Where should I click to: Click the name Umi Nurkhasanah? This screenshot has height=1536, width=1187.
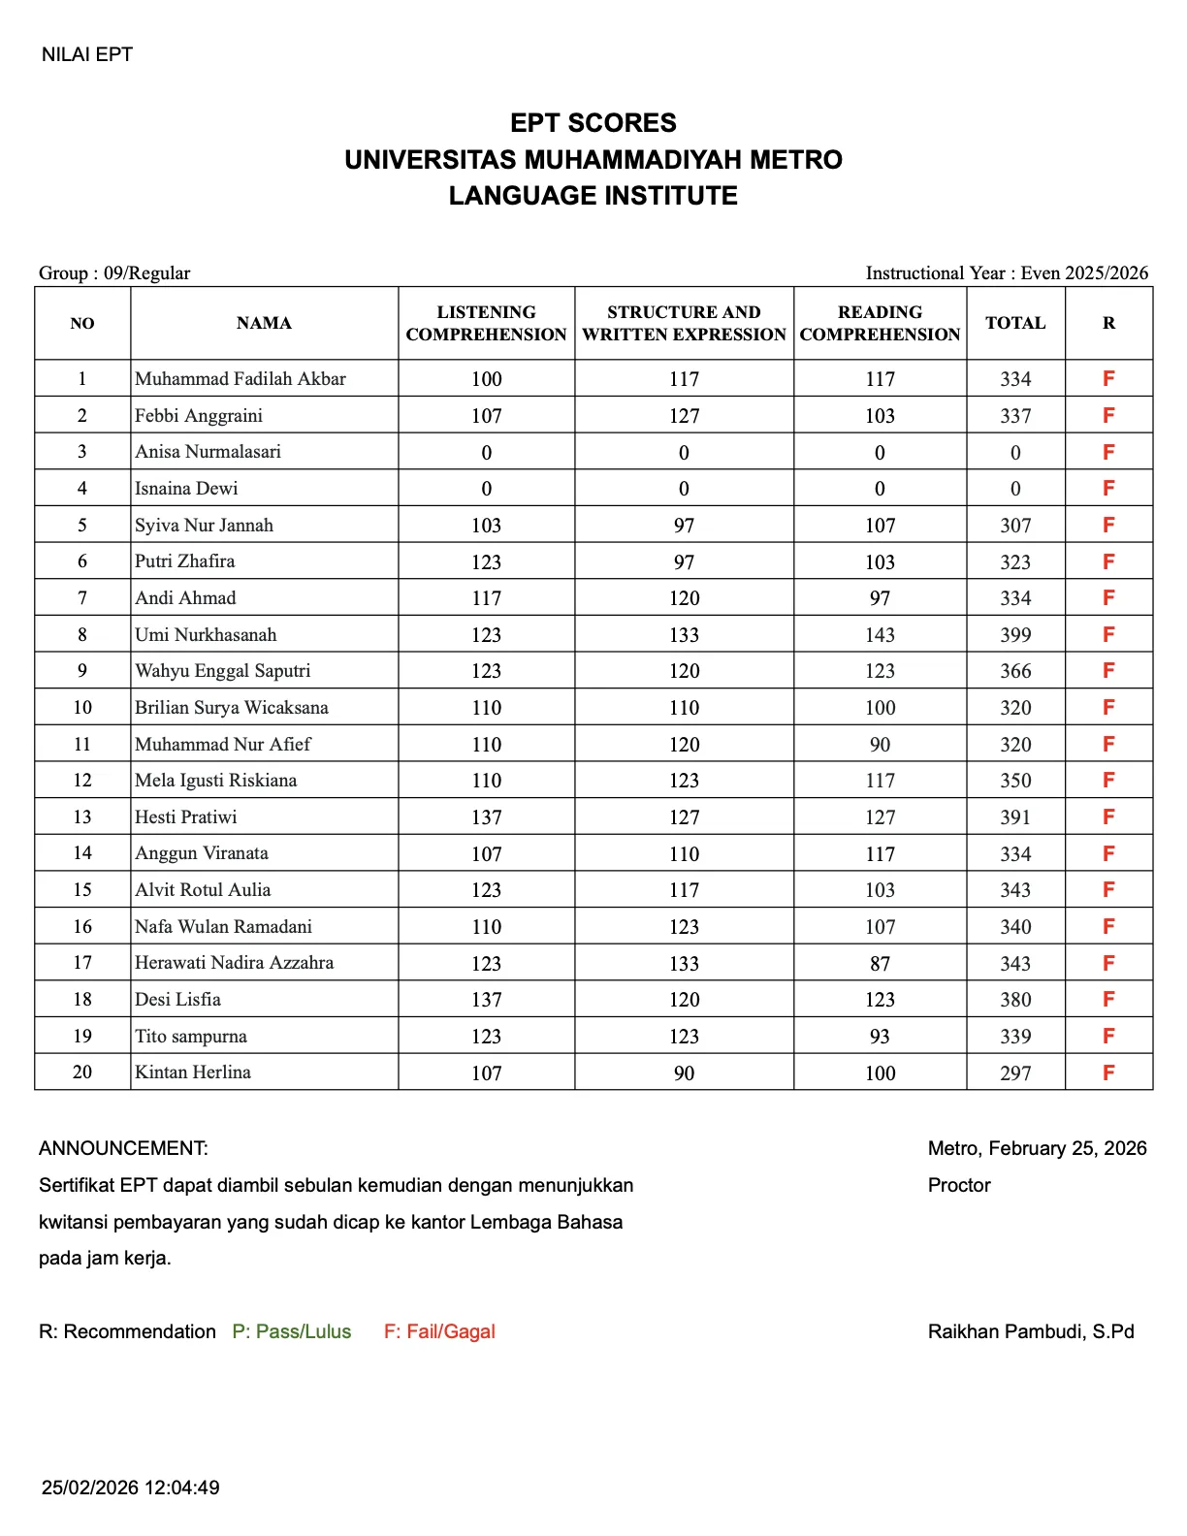[206, 635]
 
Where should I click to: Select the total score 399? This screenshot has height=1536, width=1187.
[1015, 635]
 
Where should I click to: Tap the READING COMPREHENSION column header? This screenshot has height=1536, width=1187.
[880, 324]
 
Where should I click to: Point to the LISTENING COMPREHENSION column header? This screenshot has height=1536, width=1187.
[486, 324]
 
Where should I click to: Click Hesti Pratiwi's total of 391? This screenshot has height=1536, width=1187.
[1015, 817]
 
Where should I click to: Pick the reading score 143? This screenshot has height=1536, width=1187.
[880, 635]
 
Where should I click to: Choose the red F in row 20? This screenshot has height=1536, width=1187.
[1108, 1072]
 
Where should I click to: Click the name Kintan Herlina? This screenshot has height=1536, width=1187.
[193, 1072]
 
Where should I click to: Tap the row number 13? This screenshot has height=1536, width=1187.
[82, 817]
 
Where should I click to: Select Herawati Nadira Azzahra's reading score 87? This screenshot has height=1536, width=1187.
[880, 964]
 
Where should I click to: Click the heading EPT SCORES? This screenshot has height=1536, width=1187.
[593, 123]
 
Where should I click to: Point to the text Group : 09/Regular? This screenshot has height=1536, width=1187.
[114, 273]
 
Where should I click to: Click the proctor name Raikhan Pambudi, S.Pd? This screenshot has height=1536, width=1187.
[1031, 1331]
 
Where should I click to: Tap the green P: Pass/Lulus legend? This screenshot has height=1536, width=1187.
[292, 1331]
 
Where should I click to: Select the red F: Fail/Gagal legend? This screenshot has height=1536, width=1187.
[439, 1331]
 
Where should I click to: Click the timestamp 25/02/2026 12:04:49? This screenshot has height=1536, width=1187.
[131, 1488]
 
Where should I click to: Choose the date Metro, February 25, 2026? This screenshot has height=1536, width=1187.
[1037, 1148]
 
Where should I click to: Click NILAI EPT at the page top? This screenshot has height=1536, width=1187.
[87, 55]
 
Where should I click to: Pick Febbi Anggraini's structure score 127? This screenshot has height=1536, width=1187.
[684, 416]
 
